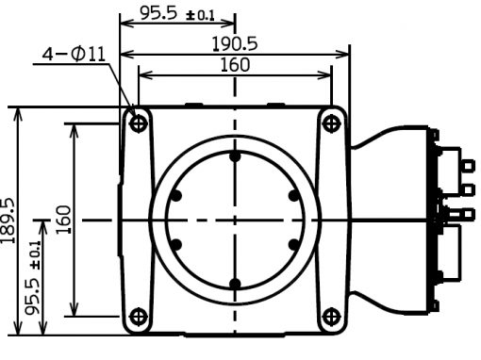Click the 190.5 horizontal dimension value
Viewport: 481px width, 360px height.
(235, 43)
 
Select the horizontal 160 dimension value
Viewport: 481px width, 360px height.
(235, 65)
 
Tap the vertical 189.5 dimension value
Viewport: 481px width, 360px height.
(8, 221)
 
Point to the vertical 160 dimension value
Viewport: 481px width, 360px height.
(63, 220)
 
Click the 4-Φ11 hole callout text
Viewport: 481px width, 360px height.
(74, 54)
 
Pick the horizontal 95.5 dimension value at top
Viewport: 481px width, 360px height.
(158, 13)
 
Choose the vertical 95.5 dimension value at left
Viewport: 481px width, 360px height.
(33, 296)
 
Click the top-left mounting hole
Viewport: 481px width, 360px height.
(139, 123)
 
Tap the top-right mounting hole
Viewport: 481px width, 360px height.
(331, 123)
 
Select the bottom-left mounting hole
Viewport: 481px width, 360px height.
(139, 317)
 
